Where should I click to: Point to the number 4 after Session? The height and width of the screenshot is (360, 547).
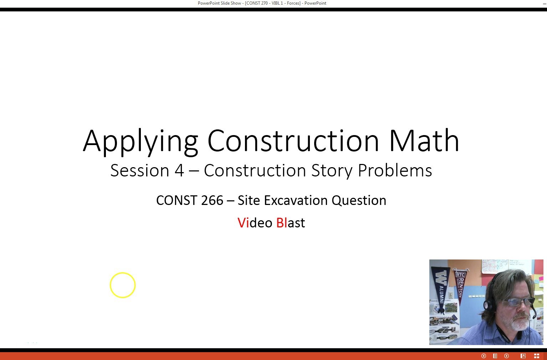pyautogui.click(x=179, y=170)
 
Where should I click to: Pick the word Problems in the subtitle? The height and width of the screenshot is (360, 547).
pyautogui.click(x=395, y=170)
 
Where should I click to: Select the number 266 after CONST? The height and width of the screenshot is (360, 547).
pyautogui.click(x=212, y=200)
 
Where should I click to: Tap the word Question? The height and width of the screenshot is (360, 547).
pyautogui.click(x=359, y=200)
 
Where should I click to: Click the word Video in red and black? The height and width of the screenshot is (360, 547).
pyautogui.click(x=255, y=223)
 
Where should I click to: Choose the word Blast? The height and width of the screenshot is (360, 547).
pyautogui.click(x=291, y=223)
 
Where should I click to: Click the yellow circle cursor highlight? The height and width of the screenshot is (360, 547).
pyautogui.click(x=123, y=285)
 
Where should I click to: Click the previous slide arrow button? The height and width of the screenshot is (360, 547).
pyautogui.click(x=484, y=356)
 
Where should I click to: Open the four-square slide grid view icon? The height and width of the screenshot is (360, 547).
pyautogui.click(x=536, y=356)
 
